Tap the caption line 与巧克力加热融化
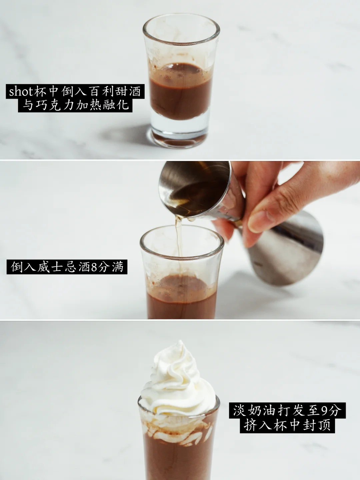point(75,105)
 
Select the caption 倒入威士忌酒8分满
point(67,267)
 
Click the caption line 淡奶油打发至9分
point(287,410)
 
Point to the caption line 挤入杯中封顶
point(287,425)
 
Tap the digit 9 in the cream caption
point(324,410)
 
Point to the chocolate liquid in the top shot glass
point(180,92)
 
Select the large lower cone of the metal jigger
point(284,249)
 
